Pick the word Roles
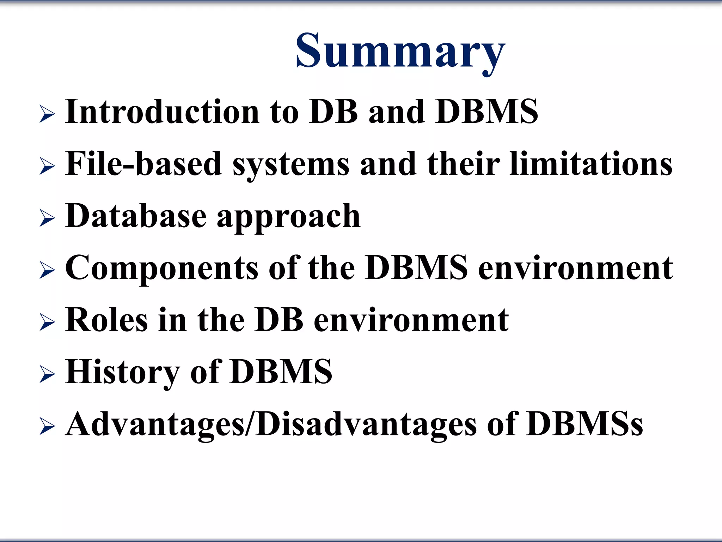coord(106,320)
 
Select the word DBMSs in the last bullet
coord(585,424)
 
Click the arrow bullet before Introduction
coord(47,114)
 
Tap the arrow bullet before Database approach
coord(47,218)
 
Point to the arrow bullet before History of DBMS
coord(47,374)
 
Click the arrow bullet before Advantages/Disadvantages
coord(47,426)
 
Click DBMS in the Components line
coord(416,268)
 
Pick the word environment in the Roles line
coord(411,320)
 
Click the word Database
coord(136,216)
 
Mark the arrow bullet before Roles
coord(47,323)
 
